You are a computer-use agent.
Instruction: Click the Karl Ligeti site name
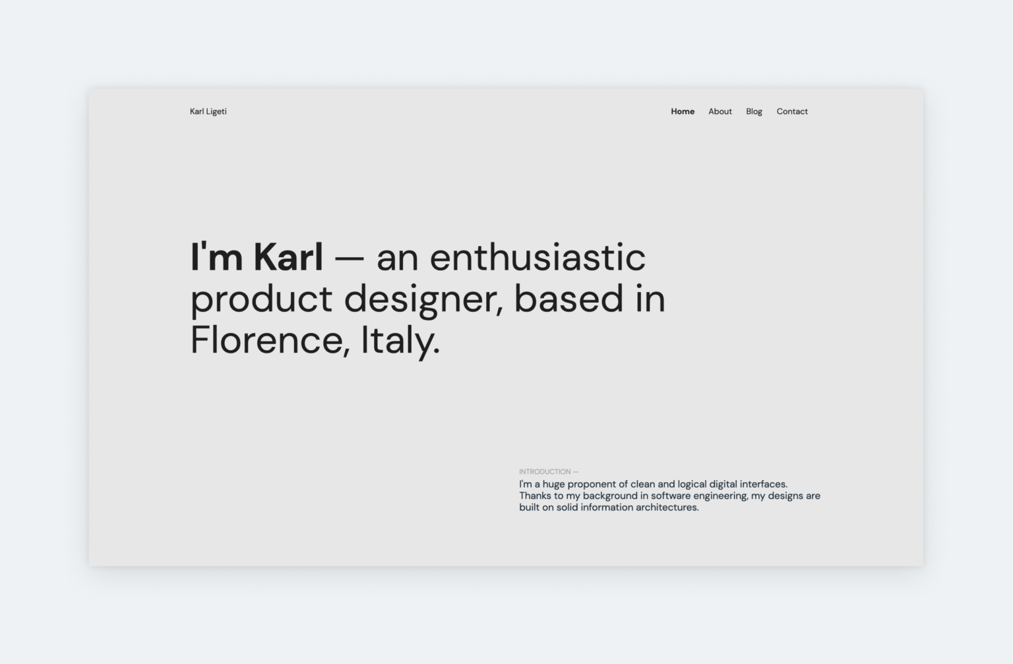pyautogui.click(x=208, y=111)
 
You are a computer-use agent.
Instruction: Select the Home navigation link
pyautogui.click(x=682, y=111)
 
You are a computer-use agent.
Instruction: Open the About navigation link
pyautogui.click(x=720, y=111)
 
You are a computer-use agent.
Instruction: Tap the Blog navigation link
pyautogui.click(x=754, y=111)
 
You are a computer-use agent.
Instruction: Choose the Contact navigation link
pyautogui.click(x=791, y=111)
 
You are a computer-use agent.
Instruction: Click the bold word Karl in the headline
pyautogui.click(x=288, y=257)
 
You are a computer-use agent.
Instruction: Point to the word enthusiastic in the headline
pyautogui.click(x=537, y=257)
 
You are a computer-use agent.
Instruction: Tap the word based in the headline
pyautogui.click(x=568, y=299)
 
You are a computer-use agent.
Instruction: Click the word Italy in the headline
pyautogui.click(x=398, y=340)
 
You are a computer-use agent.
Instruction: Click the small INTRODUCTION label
pyautogui.click(x=545, y=471)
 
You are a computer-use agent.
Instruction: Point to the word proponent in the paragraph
pyautogui.click(x=592, y=485)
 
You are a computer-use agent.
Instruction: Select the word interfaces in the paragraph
pyautogui.click(x=763, y=484)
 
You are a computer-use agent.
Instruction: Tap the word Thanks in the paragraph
pyautogui.click(x=535, y=496)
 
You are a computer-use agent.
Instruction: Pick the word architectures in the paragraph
pyautogui.click(x=667, y=508)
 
